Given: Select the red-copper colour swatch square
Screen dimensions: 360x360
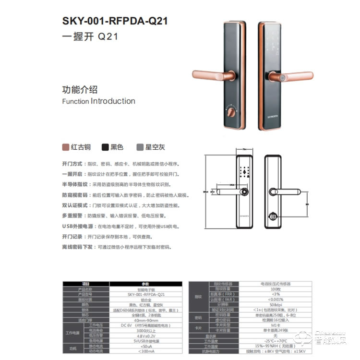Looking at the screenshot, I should (x=66, y=147).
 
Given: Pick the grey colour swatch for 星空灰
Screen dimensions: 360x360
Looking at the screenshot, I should (x=140, y=147).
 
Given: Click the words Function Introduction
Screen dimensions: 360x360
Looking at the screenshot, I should (x=98, y=101).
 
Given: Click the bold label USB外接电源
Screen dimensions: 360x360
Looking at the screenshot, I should (x=78, y=226).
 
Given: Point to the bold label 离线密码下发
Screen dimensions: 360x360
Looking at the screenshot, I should (x=78, y=247).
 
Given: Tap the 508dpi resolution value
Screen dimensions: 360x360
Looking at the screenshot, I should (x=276, y=304).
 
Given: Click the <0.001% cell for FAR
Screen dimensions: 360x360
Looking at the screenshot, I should (x=276, y=299).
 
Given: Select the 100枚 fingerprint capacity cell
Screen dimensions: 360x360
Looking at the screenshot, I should (x=276, y=289).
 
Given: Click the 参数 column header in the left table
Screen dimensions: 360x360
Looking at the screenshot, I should (x=145, y=284).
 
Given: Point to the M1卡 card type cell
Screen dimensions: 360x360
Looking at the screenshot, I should (x=276, y=325).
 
